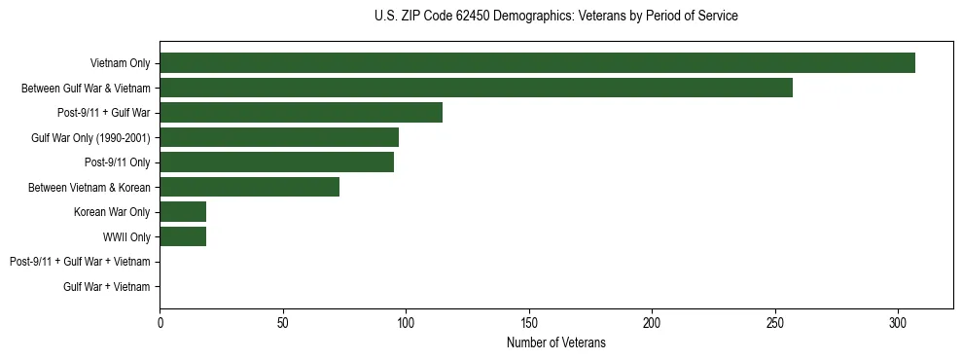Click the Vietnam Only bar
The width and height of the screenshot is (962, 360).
(537, 62)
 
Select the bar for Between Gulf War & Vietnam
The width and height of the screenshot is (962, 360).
(476, 88)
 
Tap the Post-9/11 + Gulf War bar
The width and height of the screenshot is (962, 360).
(301, 112)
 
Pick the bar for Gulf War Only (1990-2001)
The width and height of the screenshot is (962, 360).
(279, 137)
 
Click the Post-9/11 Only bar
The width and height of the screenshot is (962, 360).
(276, 162)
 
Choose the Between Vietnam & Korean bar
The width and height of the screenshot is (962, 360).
(249, 187)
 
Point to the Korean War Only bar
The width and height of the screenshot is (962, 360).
(183, 212)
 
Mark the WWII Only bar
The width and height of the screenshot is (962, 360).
(183, 236)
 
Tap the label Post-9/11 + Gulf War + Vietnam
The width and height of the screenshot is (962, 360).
(80, 262)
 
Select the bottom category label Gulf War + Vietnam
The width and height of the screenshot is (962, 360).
(106, 287)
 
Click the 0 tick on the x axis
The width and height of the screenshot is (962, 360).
(160, 322)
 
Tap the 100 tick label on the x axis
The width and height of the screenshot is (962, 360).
(406, 322)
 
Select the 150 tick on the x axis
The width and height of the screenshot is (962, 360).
(529, 322)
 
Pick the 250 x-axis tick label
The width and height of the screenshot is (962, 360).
(775, 322)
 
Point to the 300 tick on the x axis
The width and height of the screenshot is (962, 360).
(898, 322)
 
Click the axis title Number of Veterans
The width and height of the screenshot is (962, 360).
(555, 342)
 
